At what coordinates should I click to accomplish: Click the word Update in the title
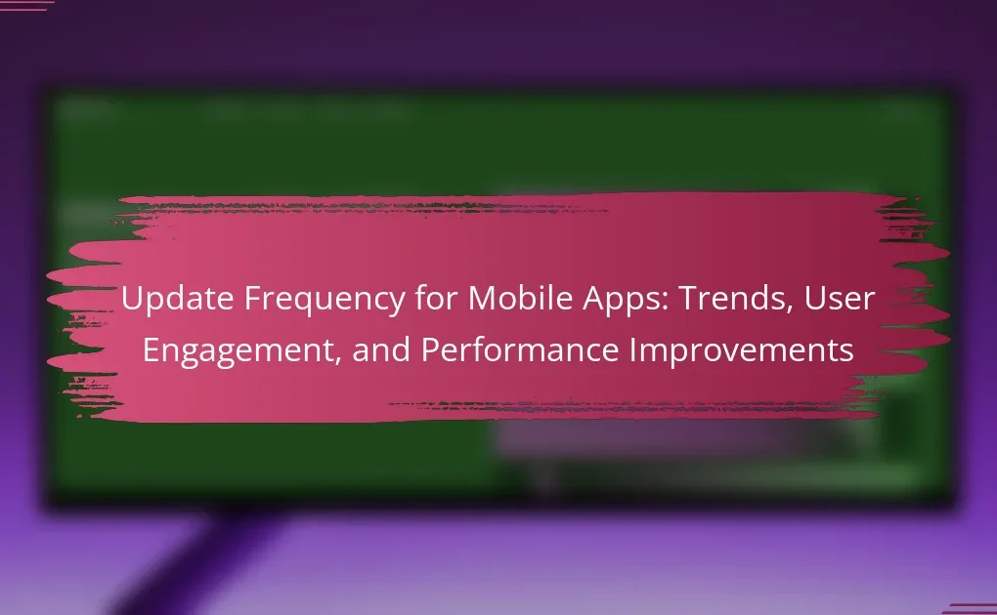177,298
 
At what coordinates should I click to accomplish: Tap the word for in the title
436,298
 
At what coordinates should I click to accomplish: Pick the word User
840,298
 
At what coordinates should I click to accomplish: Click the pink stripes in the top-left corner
25,6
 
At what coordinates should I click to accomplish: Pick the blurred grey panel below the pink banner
687,439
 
